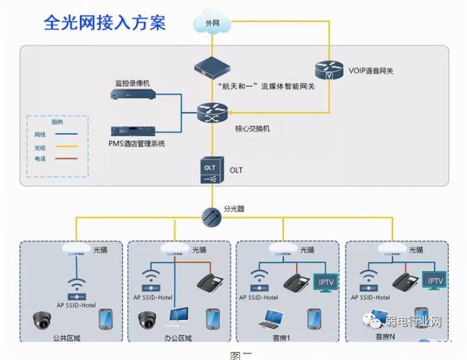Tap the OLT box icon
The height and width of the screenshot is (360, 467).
pyautogui.click(x=212, y=170)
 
